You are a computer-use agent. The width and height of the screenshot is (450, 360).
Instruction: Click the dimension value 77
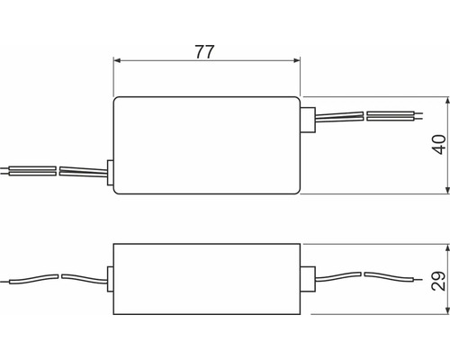click(206, 50)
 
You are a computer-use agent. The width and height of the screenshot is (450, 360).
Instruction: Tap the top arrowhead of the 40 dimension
click(446, 99)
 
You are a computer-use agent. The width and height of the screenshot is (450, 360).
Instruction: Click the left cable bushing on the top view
click(109, 172)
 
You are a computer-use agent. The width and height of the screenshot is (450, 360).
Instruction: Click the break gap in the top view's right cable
click(364, 116)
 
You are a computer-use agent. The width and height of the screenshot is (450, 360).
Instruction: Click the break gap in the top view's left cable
click(58, 169)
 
